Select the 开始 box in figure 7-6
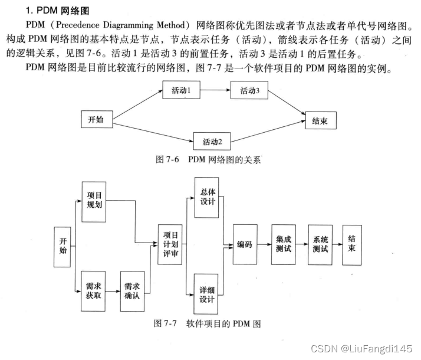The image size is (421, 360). pos(96,119)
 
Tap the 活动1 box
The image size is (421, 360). pos(181,91)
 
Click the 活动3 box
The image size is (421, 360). pos(249,91)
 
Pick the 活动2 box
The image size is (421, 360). pos(212,142)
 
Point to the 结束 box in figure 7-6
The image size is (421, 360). pos(320,121)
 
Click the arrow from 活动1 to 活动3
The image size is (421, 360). pos(215,91)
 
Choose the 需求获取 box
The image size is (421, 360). pos(94,290)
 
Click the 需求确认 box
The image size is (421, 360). pos(132,290)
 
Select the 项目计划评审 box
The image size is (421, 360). pos(170,244)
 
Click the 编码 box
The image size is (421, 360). pos(245,244)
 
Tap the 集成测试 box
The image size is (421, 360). pos(284,244)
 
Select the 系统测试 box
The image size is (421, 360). pos(321,244)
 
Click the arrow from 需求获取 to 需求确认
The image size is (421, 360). pos(114,290)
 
